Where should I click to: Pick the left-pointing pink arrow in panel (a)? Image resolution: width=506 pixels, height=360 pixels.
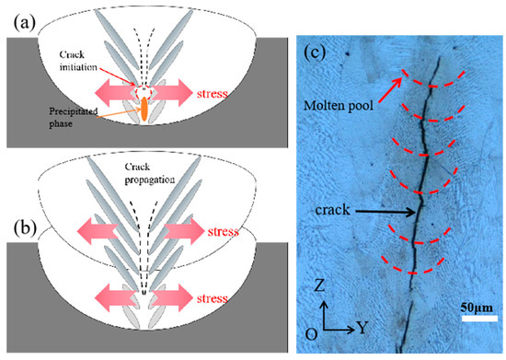pos(113,94)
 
